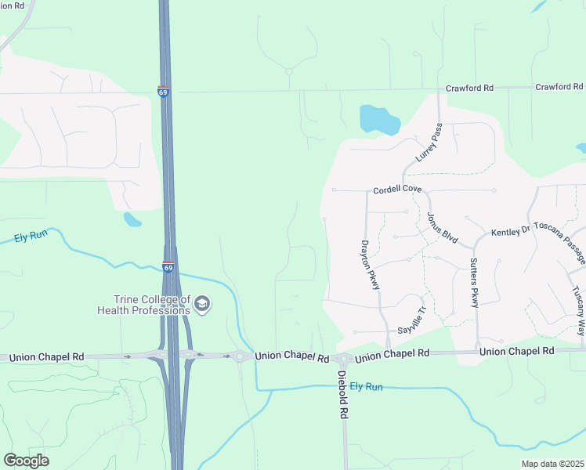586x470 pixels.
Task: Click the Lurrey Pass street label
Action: [x=429, y=143]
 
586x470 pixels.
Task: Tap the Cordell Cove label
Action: [x=397, y=190]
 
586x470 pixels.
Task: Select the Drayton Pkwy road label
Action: [x=370, y=265]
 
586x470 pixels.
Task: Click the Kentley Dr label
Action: [x=511, y=233]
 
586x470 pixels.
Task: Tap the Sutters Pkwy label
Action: [x=474, y=283]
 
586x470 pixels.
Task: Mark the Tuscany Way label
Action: [x=577, y=309]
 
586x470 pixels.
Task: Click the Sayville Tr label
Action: [x=412, y=320]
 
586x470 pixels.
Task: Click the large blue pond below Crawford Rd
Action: [x=379, y=120]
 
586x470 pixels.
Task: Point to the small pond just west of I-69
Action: [x=132, y=219]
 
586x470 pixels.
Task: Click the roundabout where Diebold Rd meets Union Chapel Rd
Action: [x=343, y=359]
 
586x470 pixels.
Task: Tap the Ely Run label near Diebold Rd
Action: [x=366, y=387]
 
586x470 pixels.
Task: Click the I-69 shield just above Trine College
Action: [x=168, y=266]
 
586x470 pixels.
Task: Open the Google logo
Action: [x=26, y=460]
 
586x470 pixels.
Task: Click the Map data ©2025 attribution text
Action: [x=552, y=464]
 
